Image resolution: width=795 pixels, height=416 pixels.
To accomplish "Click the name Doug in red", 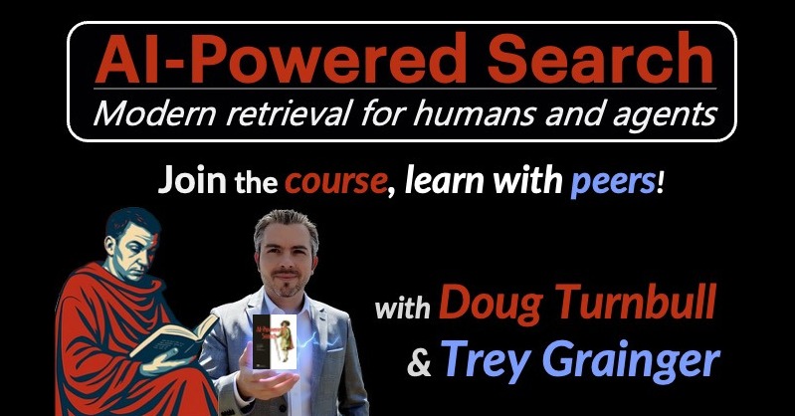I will (x=482, y=304).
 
